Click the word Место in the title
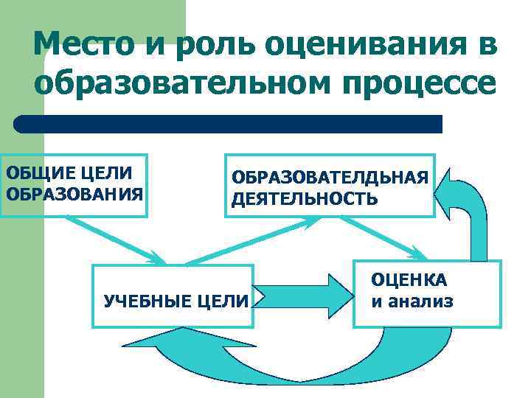click(x=83, y=46)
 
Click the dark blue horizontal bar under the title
click(x=229, y=124)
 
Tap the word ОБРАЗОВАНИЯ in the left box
click(x=74, y=195)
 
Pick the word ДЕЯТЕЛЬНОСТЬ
click(x=304, y=199)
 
